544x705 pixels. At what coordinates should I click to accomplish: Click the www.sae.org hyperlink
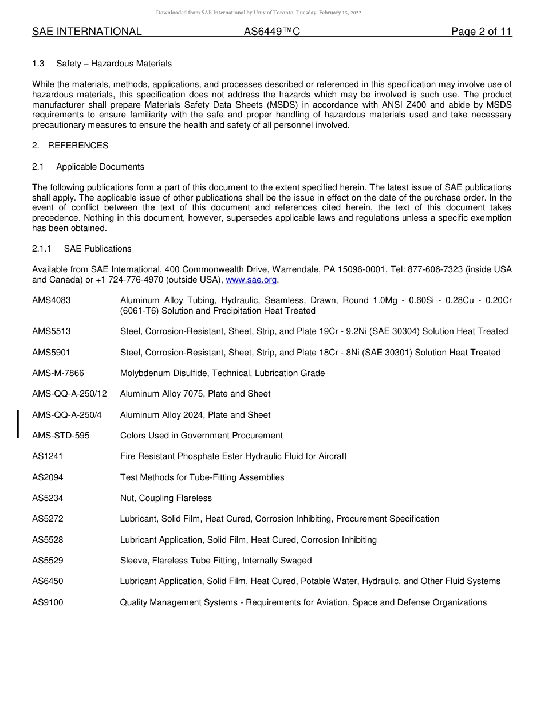[251, 280]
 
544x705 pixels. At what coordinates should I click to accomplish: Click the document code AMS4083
[52, 300]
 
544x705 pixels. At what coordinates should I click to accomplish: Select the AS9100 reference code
[48, 602]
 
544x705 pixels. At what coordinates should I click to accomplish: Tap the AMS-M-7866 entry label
[58, 373]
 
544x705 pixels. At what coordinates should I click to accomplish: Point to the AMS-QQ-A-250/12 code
[69, 394]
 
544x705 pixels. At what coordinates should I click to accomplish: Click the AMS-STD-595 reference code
[61, 436]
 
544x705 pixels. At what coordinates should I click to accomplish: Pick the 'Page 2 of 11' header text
[481, 32]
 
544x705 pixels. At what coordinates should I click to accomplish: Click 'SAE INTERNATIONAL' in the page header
[86, 32]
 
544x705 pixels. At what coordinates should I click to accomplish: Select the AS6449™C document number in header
[271, 32]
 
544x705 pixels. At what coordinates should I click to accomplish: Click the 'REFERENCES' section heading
[78, 146]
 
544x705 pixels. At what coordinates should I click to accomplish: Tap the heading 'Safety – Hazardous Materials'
[114, 64]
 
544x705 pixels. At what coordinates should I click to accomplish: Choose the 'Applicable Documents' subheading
[100, 167]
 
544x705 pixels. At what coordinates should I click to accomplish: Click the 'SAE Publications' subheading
[97, 249]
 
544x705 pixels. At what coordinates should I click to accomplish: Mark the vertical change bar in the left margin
[18, 424]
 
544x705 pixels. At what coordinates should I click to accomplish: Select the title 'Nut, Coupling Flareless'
[165, 498]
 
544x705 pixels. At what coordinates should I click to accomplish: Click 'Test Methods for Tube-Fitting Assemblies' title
[202, 477]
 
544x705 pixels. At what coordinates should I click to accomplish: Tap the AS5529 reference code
[48, 561]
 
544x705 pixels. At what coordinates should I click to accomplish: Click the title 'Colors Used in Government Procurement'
[202, 436]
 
